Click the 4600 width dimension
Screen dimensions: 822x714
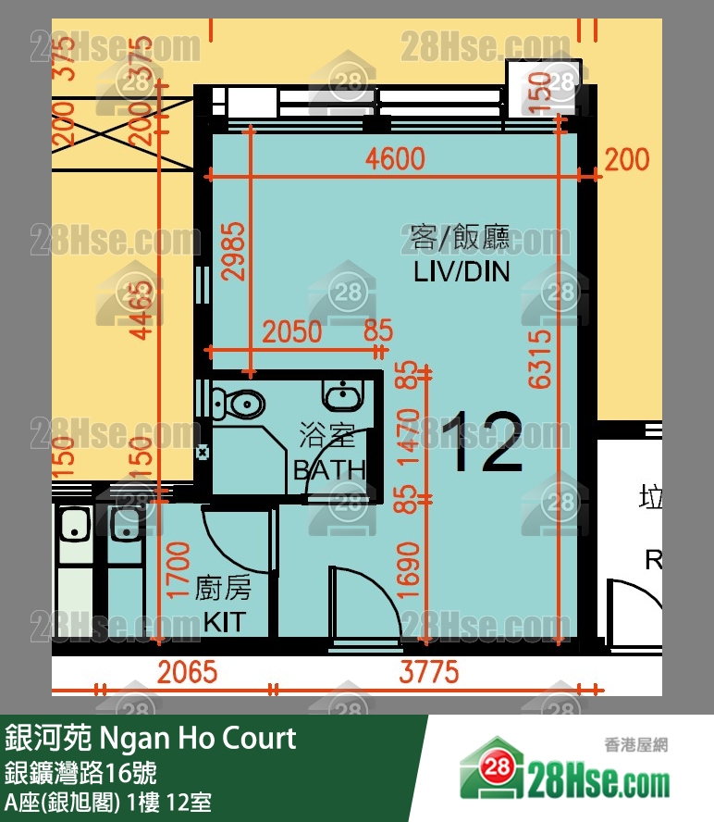(x=395, y=159)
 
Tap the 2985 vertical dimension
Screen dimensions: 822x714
(x=235, y=251)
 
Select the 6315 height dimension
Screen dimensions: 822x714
(x=541, y=355)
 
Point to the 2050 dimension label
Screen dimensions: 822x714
(x=292, y=331)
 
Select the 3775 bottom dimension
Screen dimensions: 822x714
(x=428, y=671)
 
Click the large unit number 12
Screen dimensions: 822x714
(x=481, y=442)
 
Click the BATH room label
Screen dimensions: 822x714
(x=328, y=469)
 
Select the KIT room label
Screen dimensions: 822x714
(x=223, y=620)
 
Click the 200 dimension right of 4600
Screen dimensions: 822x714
(x=627, y=160)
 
